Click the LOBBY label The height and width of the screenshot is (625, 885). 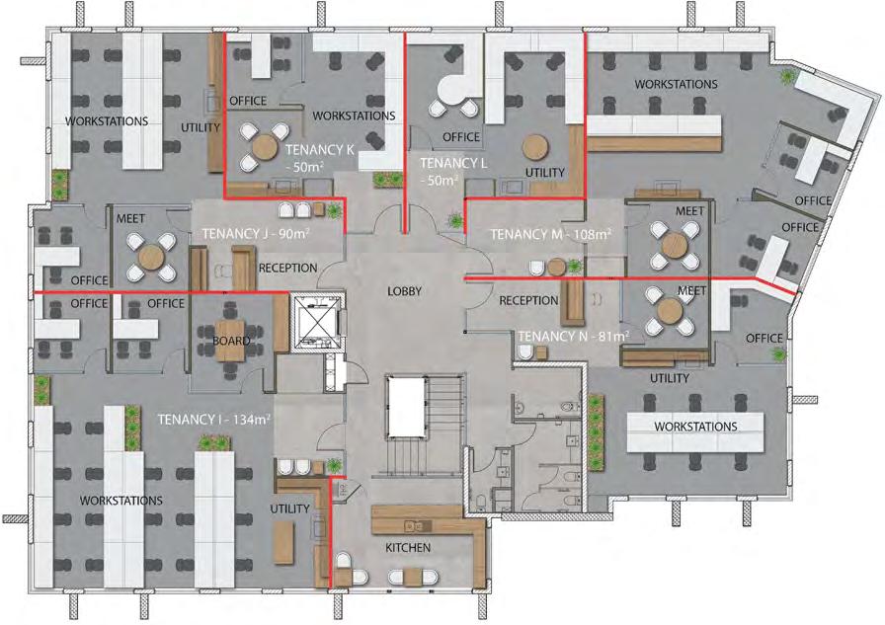(x=405, y=291)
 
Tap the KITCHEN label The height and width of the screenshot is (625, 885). (x=408, y=547)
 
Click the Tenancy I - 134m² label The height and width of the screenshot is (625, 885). (x=213, y=420)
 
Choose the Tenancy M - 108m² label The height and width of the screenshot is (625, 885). (x=550, y=234)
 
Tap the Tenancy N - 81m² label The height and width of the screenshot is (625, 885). (x=574, y=336)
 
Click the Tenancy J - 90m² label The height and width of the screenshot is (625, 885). (x=256, y=234)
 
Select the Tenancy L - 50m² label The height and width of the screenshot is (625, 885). (x=453, y=172)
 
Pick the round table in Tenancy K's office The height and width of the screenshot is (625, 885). (x=264, y=148)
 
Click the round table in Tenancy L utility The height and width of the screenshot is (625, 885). (x=535, y=147)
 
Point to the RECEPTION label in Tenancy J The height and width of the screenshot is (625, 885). (x=287, y=268)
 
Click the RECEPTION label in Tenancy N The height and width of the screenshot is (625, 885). (x=528, y=301)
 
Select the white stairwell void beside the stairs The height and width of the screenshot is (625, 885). (x=405, y=406)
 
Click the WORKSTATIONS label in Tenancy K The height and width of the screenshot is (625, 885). (x=354, y=116)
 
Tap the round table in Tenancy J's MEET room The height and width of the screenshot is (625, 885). (x=151, y=258)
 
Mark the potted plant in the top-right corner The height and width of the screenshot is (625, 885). (x=785, y=76)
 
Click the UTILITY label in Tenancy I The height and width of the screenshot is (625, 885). (x=289, y=508)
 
